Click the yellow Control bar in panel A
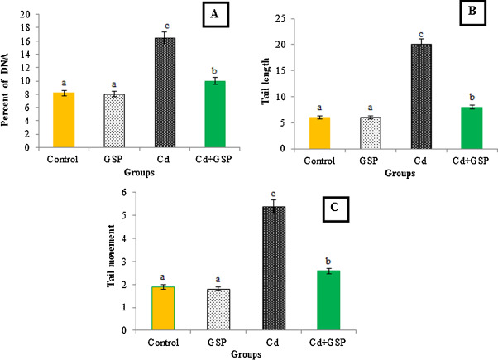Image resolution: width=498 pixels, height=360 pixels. (64, 120)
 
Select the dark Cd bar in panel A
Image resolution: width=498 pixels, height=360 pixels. (167, 92)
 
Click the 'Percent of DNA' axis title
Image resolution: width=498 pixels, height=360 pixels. (9, 83)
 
